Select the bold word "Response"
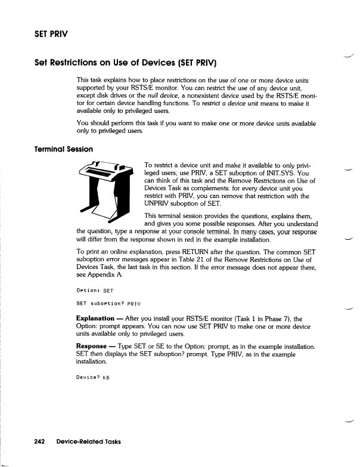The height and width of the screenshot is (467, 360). coord(92,346)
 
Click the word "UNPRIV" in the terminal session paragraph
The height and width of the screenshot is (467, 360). coord(159,204)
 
